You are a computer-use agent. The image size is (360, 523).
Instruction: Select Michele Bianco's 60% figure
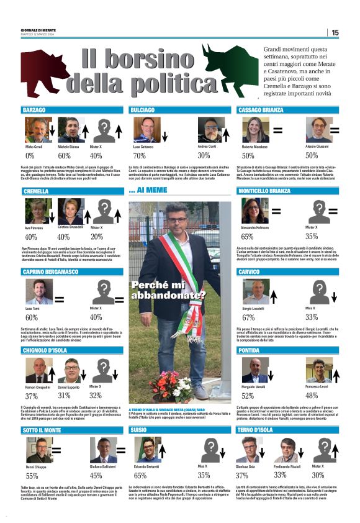(64, 156)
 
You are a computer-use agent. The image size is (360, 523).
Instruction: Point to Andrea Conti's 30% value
(204, 155)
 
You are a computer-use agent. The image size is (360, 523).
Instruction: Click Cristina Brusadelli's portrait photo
(70, 211)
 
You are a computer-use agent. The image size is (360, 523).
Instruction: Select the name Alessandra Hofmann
(256, 227)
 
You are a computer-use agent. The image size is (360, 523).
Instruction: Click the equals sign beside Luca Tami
(60, 299)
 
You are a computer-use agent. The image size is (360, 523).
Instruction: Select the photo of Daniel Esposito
(72, 371)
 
